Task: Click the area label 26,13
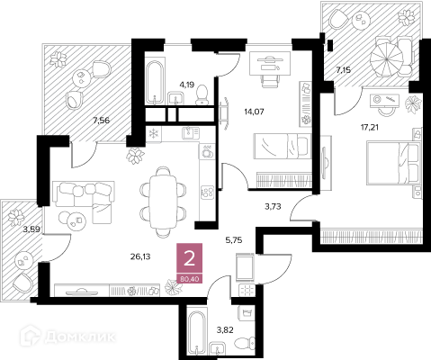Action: [x=140, y=256]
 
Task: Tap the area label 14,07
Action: [x=254, y=112]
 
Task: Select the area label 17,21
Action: [x=369, y=128]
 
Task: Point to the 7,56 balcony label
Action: [x=101, y=121]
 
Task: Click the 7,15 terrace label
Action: [x=343, y=70]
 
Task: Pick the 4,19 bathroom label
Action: [x=187, y=85]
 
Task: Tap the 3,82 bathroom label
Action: [x=225, y=330]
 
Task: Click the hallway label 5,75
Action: [x=234, y=240]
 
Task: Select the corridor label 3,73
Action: [x=273, y=206]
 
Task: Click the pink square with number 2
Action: [x=189, y=259]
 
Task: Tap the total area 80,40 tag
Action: [x=189, y=279]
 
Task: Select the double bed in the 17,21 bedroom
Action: [x=392, y=164]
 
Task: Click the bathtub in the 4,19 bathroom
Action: [x=155, y=83]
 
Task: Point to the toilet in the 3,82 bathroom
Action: [x=245, y=342]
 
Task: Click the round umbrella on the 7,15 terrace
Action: [x=385, y=59]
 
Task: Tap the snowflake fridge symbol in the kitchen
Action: [x=154, y=134]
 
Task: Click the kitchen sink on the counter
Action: [x=191, y=133]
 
